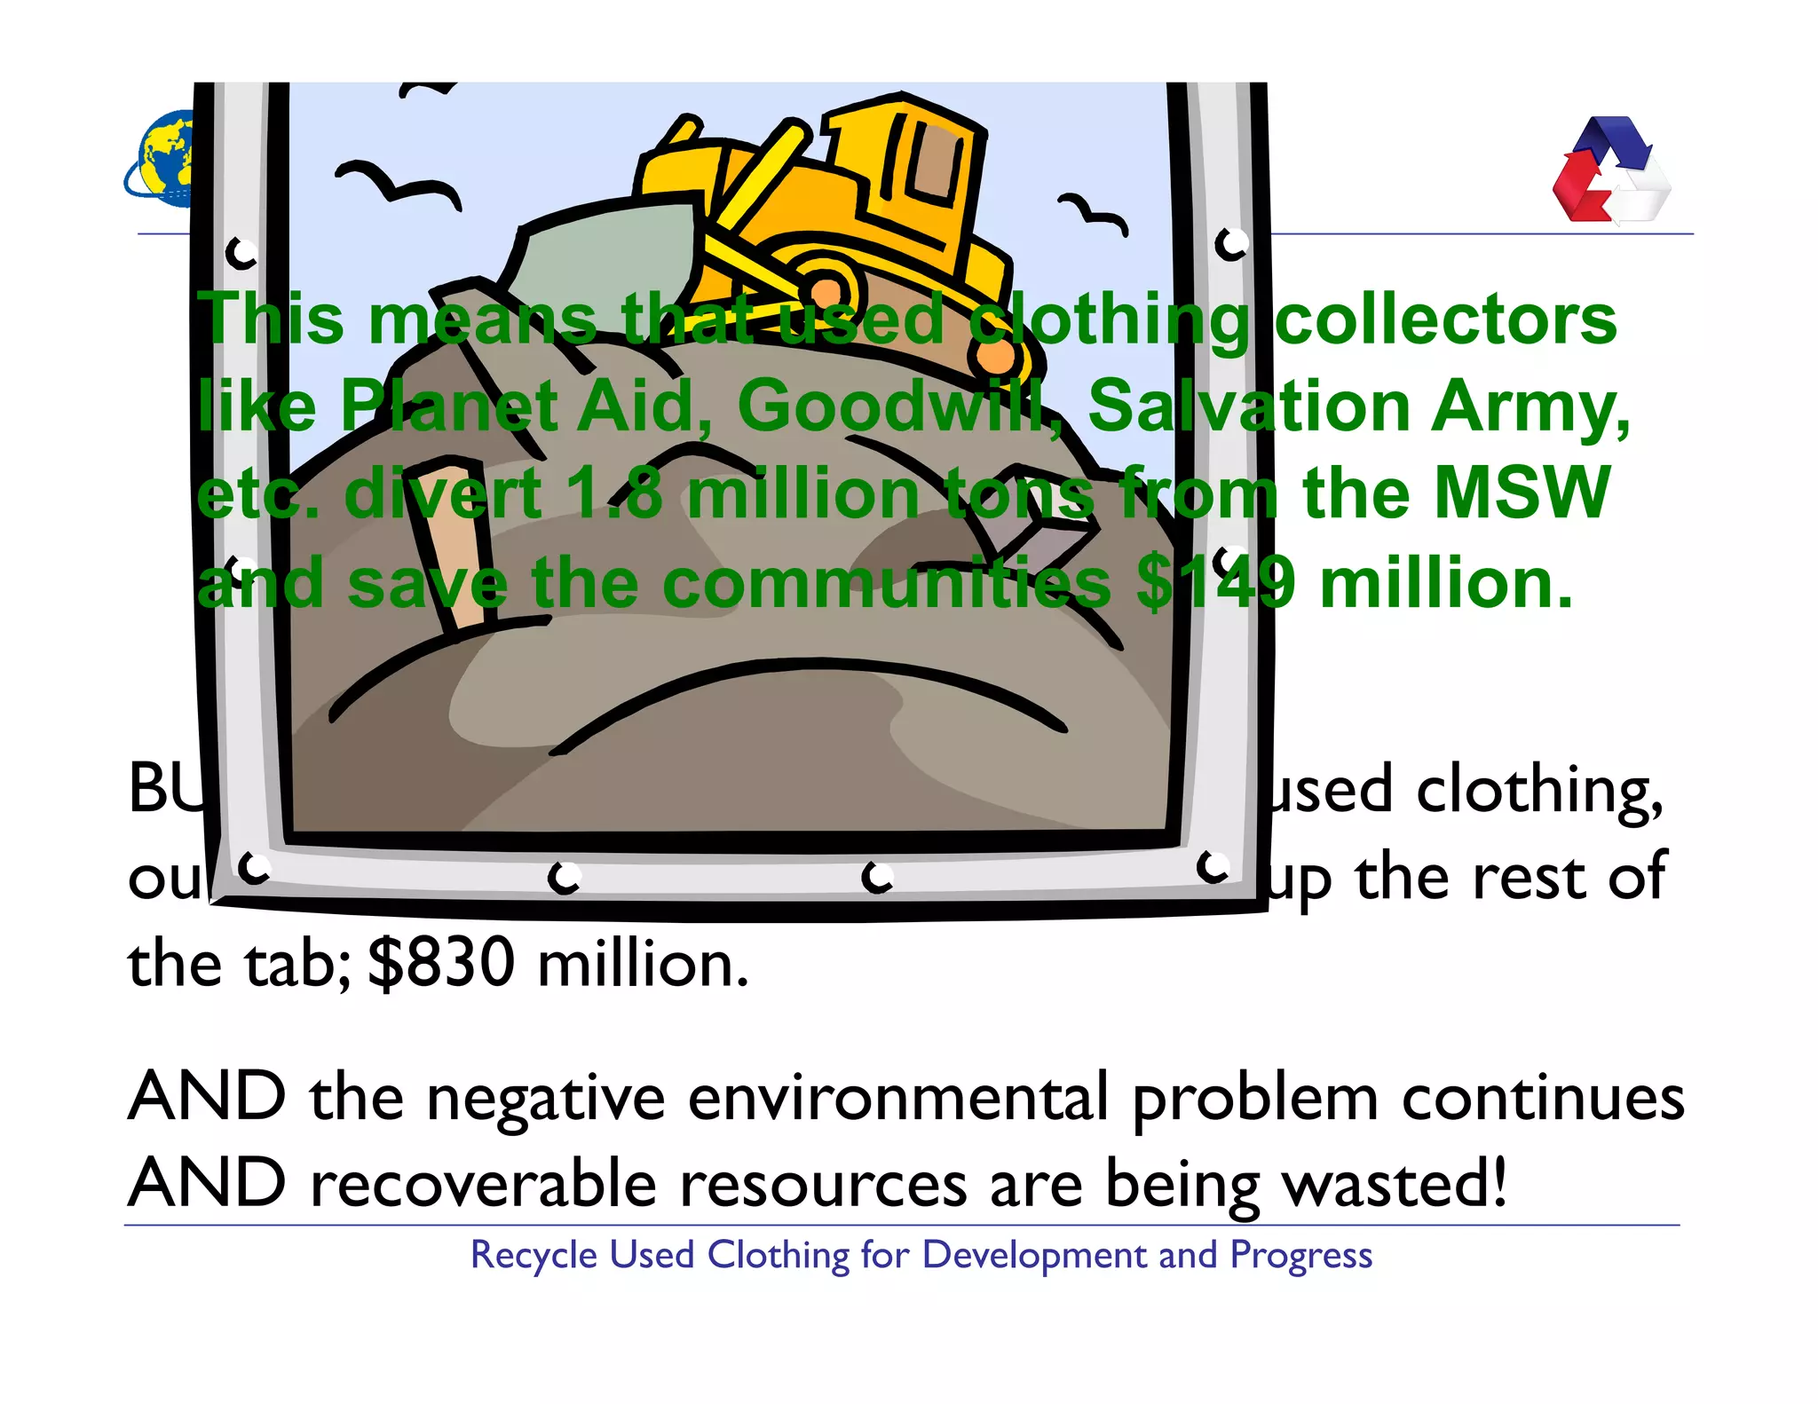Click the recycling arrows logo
[x=1610, y=170]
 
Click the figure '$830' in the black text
[x=441, y=963]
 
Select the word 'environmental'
[x=898, y=1097]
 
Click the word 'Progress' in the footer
[x=1300, y=1256]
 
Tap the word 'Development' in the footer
[x=1035, y=1256]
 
